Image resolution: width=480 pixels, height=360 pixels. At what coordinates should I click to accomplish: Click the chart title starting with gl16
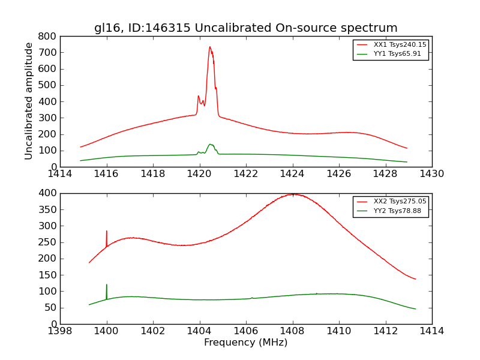pyautogui.click(x=246, y=28)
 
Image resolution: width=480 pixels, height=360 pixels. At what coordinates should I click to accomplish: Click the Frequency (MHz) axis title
pyautogui.click(x=246, y=343)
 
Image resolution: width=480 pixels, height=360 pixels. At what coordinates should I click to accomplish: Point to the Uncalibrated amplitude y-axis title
pyautogui.click(x=29, y=101)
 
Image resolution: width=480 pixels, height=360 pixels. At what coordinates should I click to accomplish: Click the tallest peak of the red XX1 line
pyautogui.click(x=209, y=47)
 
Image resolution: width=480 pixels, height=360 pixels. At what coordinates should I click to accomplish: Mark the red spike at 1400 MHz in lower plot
pyautogui.click(x=107, y=231)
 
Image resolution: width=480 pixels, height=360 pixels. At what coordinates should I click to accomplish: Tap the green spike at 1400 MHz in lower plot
pyautogui.click(x=107, y=285)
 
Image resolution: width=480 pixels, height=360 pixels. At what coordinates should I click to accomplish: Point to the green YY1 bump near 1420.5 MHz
pyautogui.click(x=211, y=145)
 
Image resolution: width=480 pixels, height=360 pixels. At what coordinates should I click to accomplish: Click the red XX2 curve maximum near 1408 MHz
pyautogui.click(x=293, y=194)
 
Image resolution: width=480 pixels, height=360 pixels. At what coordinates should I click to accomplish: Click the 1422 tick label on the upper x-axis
pyautogui.click(x=246, y=174)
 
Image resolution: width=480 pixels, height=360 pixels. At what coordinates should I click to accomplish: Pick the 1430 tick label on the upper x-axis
pyautogui.click(x=432, y=174)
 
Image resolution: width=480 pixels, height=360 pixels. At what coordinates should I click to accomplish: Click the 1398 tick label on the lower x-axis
pyautogui.click(x=60, y=331)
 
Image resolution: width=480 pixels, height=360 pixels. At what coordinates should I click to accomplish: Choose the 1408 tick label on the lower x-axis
pyautogui.click(x=293, y=331)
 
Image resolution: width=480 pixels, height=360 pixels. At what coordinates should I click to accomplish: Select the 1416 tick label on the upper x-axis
pyautogui.click(x=107, y=174)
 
